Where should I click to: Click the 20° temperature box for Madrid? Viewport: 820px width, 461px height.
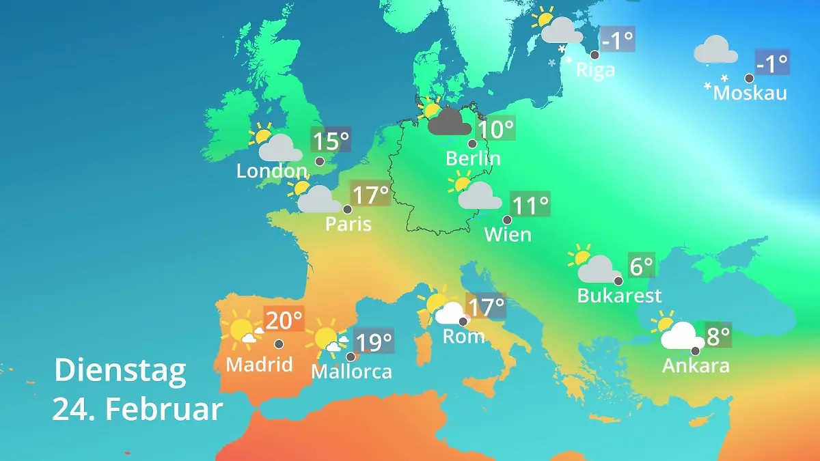tap(284, 320)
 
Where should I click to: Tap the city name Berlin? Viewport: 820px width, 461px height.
tap(473, 158)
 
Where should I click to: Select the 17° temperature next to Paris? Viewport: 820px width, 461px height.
tap(370, 195)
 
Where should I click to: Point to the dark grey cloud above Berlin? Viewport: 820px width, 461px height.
tap(450, 122)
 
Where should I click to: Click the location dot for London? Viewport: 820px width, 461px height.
tap(320, 161)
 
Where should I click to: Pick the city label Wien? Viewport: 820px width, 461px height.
tap(508, 235)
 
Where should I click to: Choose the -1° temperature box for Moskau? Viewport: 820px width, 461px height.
tap(772, 64)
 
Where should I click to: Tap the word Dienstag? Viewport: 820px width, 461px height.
tap(120, 370)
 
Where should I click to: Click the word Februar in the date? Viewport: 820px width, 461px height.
tap(165, 409)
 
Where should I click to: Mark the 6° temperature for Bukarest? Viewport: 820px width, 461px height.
tap(642, 266)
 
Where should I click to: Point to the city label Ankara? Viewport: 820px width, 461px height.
tap(696, 366)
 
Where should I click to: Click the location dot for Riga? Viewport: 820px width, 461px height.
tap(595, 55)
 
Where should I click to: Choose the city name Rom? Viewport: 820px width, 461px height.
tap(464, 336)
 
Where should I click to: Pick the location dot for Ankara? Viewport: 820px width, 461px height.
tap(695, 350)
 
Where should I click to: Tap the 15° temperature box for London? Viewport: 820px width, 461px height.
tap(331, 141)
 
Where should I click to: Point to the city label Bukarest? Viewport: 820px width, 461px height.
tap(620, 296)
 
